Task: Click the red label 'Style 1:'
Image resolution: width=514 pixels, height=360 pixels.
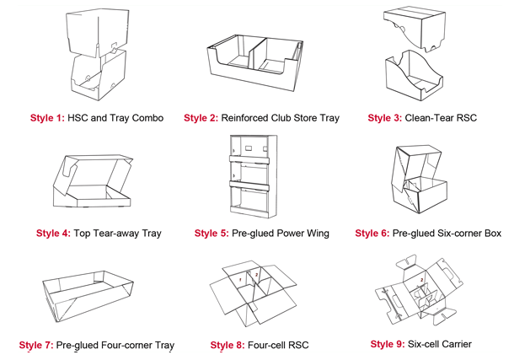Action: click(x=46, y=117)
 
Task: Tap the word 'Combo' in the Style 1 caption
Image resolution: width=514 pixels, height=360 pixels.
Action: click(x=146, y=117)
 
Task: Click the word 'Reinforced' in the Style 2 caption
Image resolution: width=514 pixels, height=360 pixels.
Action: click(x=249, y=117)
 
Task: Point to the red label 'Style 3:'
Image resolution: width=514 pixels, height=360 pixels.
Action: click(x=384, y=117)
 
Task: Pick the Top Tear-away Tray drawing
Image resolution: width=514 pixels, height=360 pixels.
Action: click(x=90, y=184)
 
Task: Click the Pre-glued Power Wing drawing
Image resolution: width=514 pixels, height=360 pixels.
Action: click(x=253, y=176)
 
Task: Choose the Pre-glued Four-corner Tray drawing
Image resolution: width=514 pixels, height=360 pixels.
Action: click(x=87, y=291)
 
